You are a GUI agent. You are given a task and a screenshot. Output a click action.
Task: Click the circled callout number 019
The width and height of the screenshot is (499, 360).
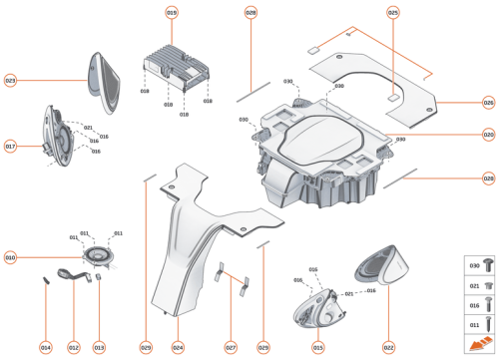(172, 12)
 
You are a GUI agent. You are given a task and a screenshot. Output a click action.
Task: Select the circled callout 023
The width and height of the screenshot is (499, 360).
(10, 80)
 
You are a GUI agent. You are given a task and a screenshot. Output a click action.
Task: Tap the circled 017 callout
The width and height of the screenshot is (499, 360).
(10, 146)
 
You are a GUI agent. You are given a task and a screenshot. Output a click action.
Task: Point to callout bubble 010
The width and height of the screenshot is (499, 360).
(10, 257)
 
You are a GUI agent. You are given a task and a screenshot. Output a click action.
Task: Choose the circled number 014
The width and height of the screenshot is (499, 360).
(45, 347)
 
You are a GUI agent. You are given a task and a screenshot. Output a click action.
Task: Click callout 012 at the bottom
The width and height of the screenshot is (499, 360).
(73, 347)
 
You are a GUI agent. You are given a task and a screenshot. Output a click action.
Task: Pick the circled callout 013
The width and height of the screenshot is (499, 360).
(99, 347)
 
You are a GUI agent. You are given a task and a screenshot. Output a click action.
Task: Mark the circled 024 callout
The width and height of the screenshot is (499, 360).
(178, 347)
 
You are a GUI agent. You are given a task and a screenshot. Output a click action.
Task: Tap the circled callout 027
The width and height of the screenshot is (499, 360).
(231, 347)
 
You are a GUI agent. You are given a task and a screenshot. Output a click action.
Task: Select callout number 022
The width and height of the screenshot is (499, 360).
(388, 347)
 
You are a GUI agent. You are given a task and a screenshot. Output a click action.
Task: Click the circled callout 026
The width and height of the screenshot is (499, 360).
(488, 102)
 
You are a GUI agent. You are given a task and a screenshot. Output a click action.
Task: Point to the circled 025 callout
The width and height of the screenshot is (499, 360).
(392, 12)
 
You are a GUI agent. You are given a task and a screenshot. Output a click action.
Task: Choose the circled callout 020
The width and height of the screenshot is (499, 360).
(488, 135)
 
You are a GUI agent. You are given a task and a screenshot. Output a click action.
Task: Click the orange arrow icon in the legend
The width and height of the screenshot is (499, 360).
(477, 345)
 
